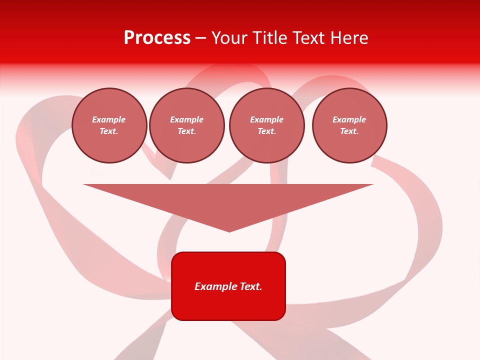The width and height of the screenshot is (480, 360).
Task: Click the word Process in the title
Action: (x=157, y=38)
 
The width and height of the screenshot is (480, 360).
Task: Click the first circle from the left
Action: (x=109, y=125)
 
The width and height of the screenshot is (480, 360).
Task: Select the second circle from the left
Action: (x=187, y=125)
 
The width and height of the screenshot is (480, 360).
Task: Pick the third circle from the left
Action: (x=267, y=125)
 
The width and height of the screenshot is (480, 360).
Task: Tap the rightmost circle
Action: (x=349, y=125)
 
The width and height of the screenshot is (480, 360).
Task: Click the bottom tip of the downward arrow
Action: (x=229, y=230)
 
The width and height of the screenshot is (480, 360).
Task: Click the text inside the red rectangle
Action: (x=228, y=286)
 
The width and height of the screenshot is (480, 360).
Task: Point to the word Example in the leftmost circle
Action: (x=109, y=119)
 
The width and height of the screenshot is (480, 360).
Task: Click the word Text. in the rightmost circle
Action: (x=349, y=131)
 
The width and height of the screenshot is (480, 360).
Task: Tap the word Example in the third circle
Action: (x=267, y=119)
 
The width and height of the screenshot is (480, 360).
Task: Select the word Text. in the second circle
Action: (x=187, y=131)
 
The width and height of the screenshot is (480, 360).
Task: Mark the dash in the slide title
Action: (x=200, y=38)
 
